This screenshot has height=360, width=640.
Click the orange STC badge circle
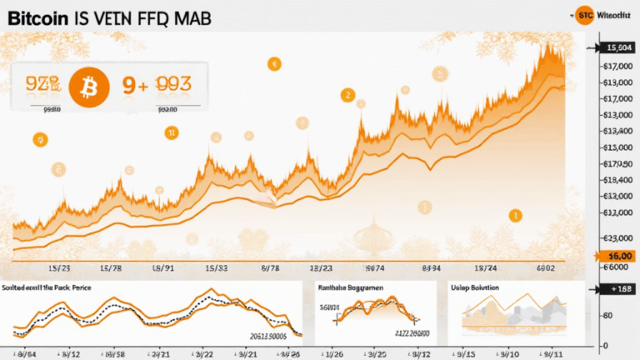586,14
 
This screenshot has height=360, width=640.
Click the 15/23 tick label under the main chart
60,268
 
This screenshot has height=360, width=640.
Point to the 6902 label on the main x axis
546,268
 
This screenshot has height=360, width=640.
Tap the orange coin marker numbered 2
345,95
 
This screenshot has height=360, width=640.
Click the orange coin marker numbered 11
170,132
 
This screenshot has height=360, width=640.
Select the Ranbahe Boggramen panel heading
351,287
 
